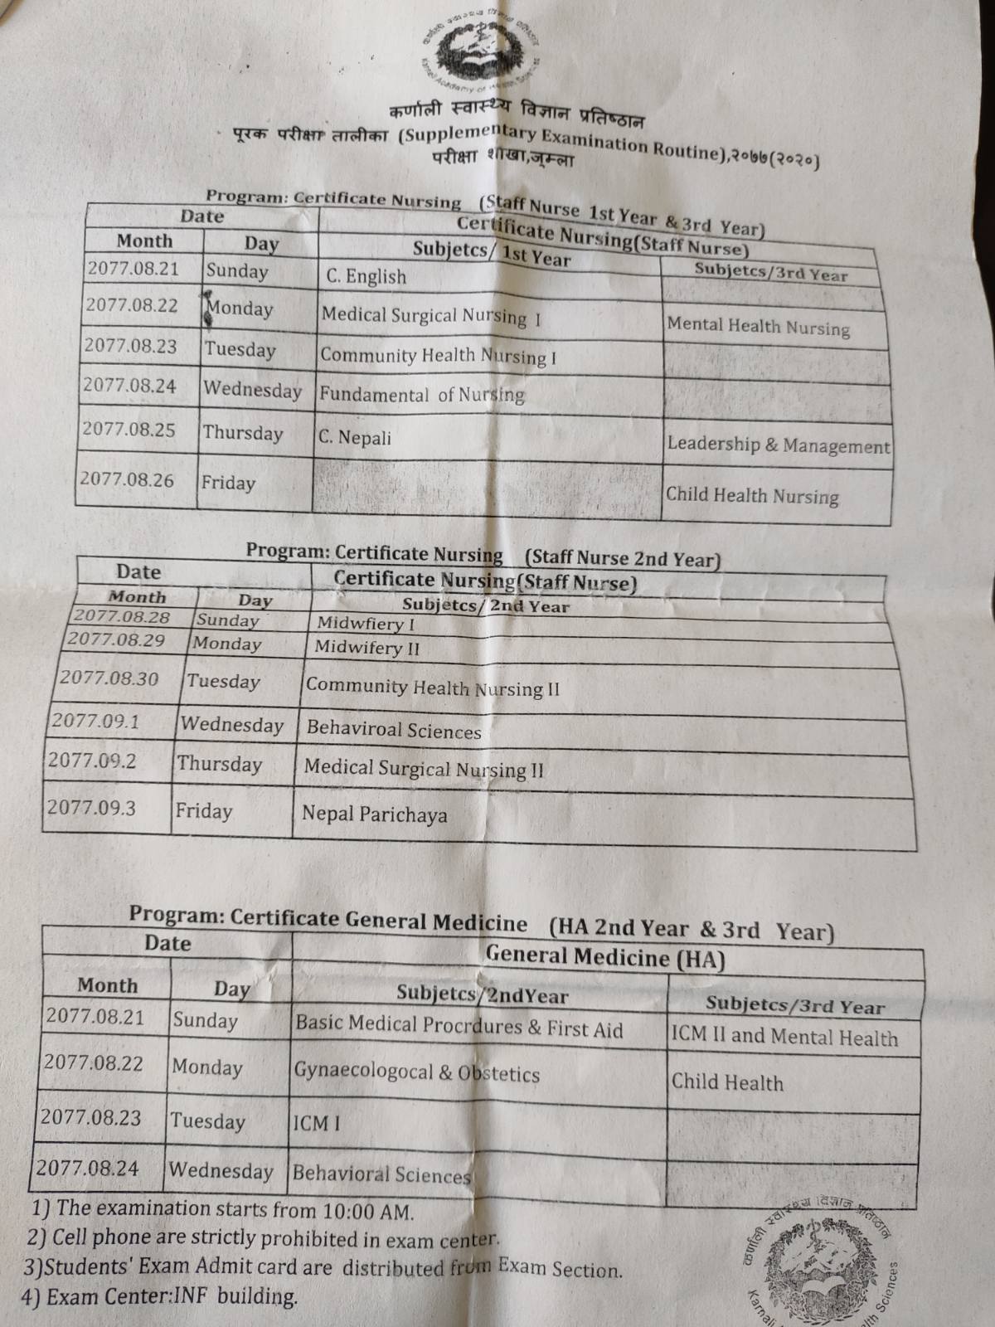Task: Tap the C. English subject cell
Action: pyautogui.click(x=366, y=276)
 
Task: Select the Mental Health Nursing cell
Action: pyautogui.click(x=758, y=326)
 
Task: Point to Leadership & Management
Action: pyautogui.click(x=778, y=445)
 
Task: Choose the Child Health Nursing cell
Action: pyautogui.click(x=752, y=495)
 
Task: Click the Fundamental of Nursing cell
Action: pyautogui.click(x=422, y=394)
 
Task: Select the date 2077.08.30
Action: pyautogui.click(x=109, y=678)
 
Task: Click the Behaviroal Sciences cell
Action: pyautogui.click(x=394, y=730)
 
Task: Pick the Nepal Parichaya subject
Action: pyautogui.click(x=374, y=814)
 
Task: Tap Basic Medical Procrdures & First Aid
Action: pyautogui.click(x=459, y=1028)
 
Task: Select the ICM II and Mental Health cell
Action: pyautogui.click(x=784, y=1037)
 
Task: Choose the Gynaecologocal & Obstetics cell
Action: pyautogui.click(x=416, y=1072)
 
